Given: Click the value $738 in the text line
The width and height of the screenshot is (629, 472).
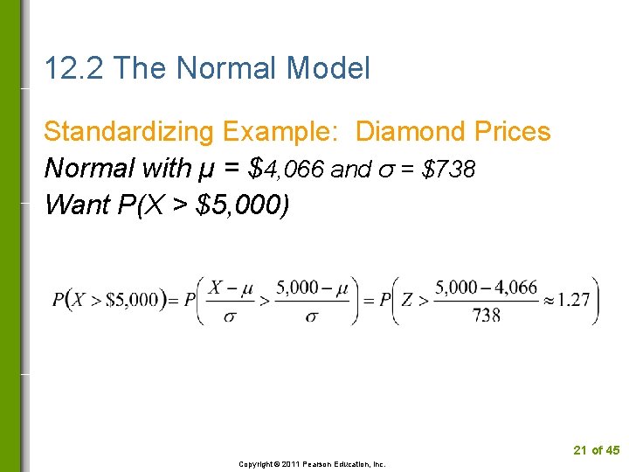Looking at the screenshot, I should (x=448, y=169).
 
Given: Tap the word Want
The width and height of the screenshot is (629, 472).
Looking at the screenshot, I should (x=72, y=205).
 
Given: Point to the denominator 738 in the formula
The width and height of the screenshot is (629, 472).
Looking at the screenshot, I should (x=487, y=316).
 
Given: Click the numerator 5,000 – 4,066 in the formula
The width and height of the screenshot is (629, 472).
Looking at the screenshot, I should (x=487, y=288).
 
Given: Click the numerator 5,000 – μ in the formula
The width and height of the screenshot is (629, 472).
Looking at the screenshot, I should (x=311, y=288).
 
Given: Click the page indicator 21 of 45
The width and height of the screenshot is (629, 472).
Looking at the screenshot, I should (x=596, y=450).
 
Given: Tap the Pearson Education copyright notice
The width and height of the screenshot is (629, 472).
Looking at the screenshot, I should (x=313, y=464).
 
